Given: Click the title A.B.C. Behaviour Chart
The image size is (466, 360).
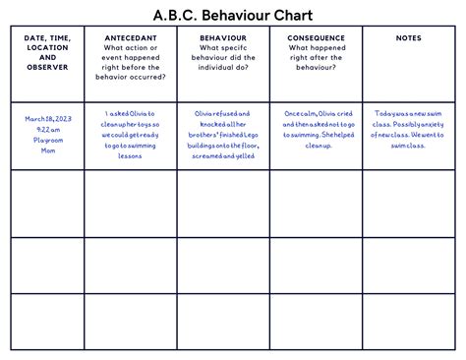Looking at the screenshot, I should click(232, 16).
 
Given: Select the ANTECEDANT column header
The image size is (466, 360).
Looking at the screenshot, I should click(130, 37).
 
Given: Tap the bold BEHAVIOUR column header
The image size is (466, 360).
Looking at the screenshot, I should click(222, 37).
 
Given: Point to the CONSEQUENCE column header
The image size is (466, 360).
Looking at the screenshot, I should click(316, 37).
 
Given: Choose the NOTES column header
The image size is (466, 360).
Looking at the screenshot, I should click(409, 37).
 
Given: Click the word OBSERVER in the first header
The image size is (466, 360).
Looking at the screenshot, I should click(47, 67).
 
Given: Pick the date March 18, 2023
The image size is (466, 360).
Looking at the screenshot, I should click(47, 117).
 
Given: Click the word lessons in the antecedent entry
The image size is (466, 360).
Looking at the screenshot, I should click(130, 146).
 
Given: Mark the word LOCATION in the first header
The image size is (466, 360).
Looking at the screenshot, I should click(47, 47).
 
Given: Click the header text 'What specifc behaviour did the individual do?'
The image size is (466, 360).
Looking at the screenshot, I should click(222, 57).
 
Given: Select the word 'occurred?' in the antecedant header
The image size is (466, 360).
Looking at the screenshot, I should click(148, 76).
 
